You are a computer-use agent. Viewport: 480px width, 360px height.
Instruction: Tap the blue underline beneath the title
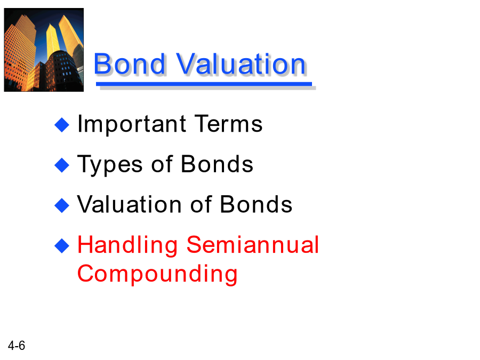tap(204, 84)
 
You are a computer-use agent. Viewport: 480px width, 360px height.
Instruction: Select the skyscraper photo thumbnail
tap(44, 50)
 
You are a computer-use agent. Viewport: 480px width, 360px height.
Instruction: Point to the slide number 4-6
tap(17, 346)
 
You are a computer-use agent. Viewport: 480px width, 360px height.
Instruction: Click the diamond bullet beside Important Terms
tap(62, 125)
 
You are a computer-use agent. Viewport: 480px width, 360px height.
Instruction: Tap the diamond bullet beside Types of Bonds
tap(62, 165)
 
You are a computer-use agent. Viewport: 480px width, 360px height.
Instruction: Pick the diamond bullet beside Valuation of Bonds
tap(62, 205)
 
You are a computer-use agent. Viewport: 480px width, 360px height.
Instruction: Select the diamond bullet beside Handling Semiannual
tap(62, 246)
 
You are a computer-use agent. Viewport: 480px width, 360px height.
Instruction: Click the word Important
tap(132, 125)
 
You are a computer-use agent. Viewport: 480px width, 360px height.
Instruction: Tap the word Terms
tap(228, 124)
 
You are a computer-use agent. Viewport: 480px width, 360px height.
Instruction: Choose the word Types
tap(110, 165)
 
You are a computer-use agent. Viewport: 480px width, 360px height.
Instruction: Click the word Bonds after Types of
tap(217, 164)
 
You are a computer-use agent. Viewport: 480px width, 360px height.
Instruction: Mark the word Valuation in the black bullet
tap(129, 204)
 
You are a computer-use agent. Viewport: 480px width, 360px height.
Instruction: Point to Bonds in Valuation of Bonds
tap(256, 204)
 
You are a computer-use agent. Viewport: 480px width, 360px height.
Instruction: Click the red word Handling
tap(127, 246)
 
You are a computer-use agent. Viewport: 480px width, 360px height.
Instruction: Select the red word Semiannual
tap(253, 245)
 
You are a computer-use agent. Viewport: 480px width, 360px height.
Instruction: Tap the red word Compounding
tap(157, 274)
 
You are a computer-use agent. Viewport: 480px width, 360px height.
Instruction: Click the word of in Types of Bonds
tap(162, 164)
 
